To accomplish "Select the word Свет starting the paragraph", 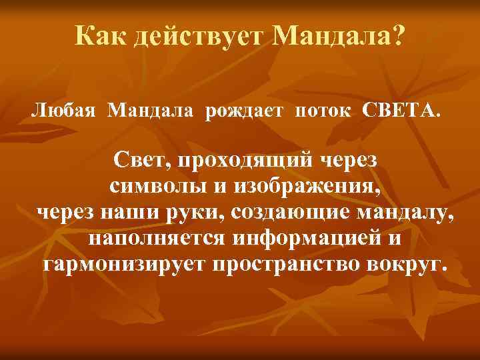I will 139,161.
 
